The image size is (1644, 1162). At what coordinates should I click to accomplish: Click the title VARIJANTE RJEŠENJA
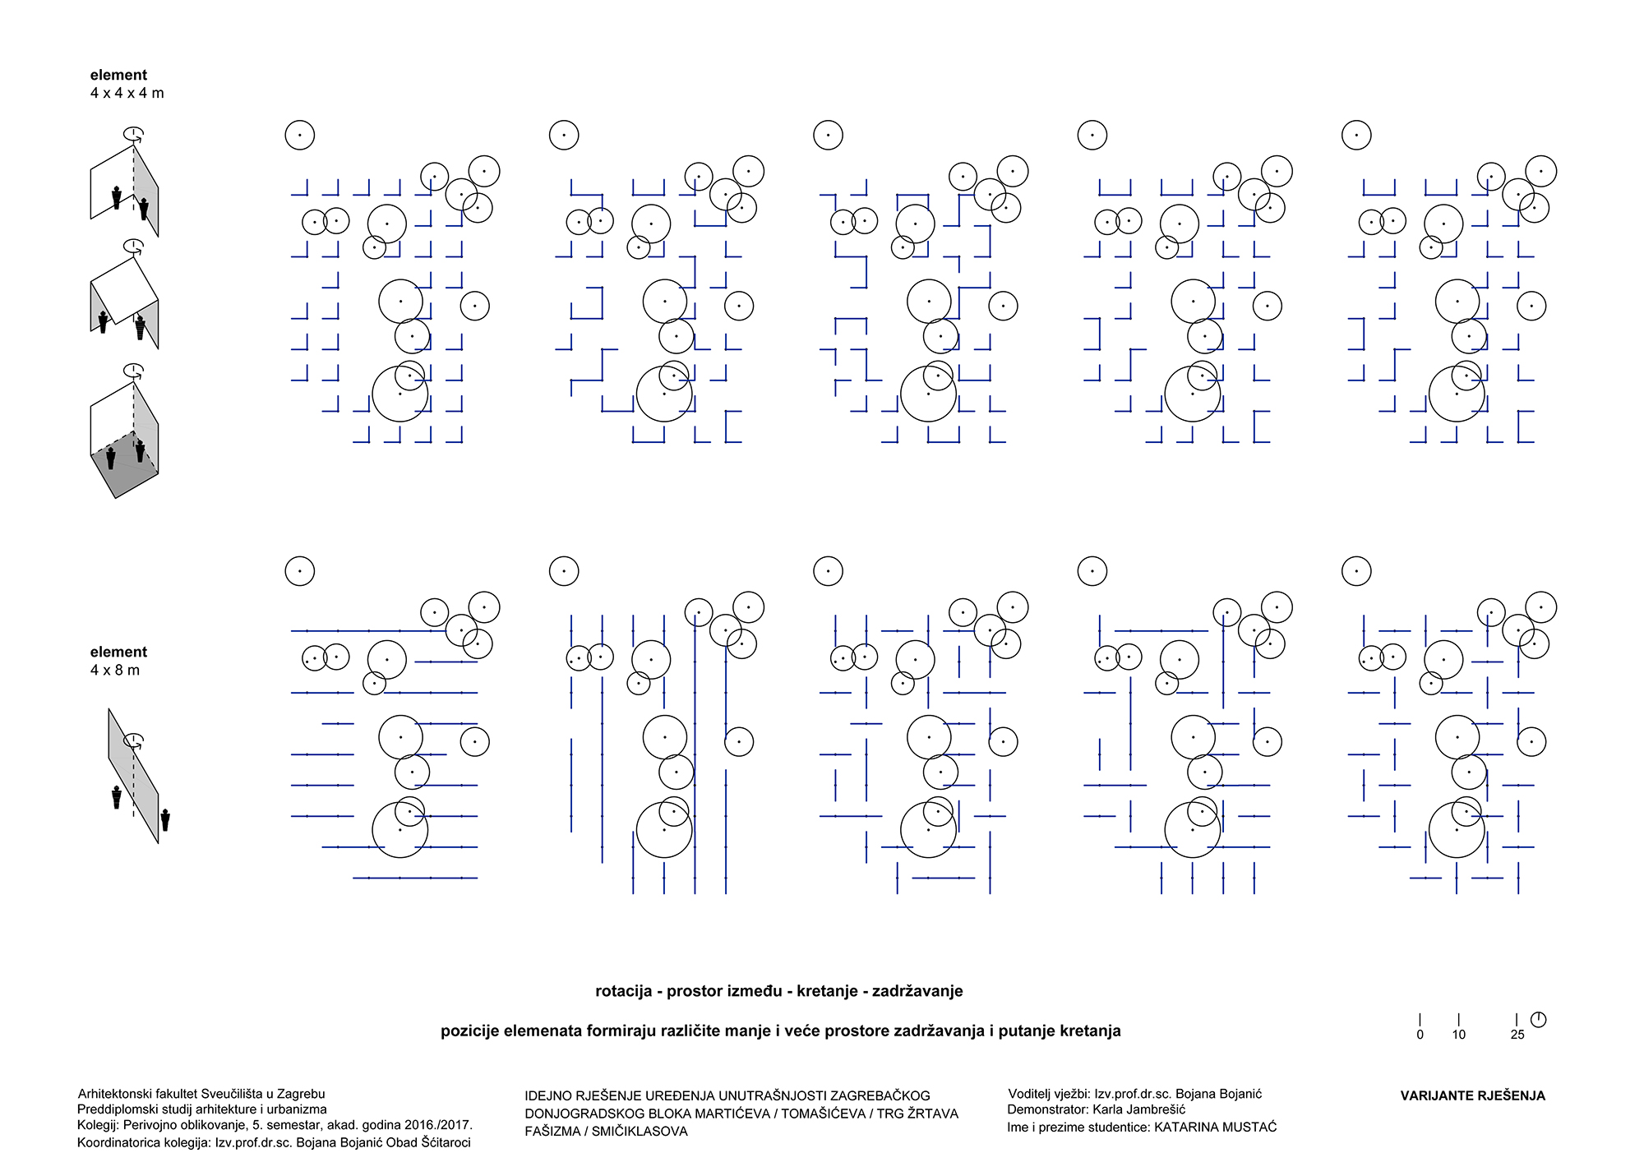click(1472, 1095)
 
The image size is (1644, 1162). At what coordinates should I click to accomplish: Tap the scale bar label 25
click(1517, 1035)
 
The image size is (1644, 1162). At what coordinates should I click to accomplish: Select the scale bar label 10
click(1459, 1035)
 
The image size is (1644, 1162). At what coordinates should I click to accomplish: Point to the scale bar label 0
click(1420, 1035)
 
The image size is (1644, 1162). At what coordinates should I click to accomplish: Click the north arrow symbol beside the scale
click(1539, 1020)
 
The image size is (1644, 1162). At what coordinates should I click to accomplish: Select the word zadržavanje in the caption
click(917, 991)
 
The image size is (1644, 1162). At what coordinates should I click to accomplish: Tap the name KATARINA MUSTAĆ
click(1216, 1127)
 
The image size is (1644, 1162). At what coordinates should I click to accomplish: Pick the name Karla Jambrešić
click(1139, 1110)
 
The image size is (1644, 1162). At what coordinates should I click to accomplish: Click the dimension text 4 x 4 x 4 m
click(127, 94)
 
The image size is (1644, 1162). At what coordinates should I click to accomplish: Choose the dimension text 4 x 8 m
click(115, 671)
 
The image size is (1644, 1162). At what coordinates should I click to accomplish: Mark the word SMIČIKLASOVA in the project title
click(640, 1132)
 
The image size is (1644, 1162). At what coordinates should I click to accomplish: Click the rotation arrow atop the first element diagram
click(133, 133)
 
